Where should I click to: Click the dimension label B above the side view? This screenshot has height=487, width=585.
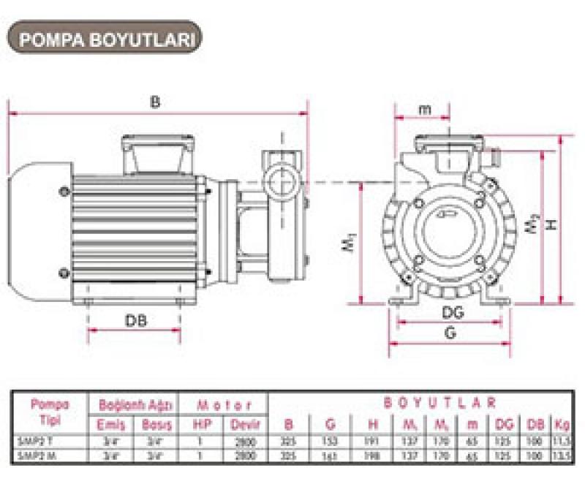pyautogui.click(x=154, y=102)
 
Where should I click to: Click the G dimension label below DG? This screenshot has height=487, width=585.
pyautogui.click(x=450, y=333)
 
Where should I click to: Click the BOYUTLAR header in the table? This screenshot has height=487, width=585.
pyautogui.click(x=441, y=403)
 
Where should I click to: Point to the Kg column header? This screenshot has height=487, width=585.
pyautogui.click(x=561, y=424)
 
